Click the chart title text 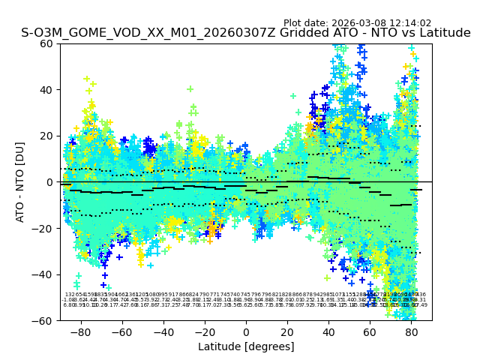click(246, 33)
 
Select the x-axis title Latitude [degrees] click(246, 346)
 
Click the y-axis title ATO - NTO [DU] click(21, 182)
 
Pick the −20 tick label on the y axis click(44, 229)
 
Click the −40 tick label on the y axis click(44, 274)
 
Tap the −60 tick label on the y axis click(44, 321)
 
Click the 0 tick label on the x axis click(246, 331)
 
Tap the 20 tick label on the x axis click(287, 331)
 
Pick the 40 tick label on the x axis click(328, 331)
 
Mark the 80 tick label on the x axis click(412, 331)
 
